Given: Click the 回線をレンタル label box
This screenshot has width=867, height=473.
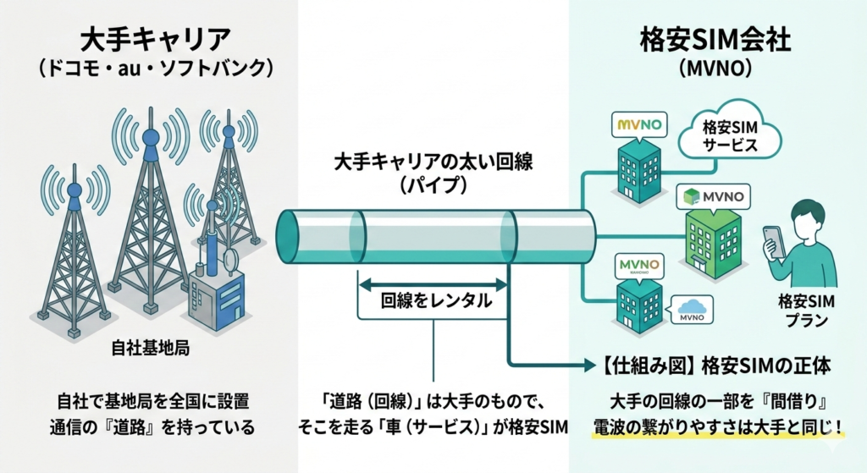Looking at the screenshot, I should coord(434,300).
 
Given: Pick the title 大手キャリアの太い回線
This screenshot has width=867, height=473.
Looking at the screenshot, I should coord(433,160).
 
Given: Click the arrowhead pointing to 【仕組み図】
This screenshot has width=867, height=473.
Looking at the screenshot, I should coord(586,366).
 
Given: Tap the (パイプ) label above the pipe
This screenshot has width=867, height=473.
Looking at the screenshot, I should coord(433,184).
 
